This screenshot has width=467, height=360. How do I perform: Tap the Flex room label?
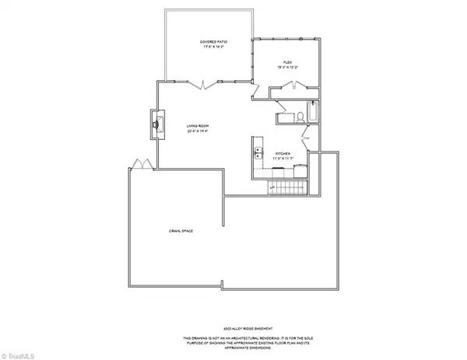tap(286, 61)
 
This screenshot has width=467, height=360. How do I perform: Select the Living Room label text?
tap(197, 125)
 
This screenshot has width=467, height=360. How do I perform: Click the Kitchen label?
tap(283, 154)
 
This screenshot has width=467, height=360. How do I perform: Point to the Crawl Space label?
tap(181, 231)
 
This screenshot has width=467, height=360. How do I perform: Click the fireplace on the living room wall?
tap(156, 122)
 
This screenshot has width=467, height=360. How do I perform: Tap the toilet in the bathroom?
tap(299, 117)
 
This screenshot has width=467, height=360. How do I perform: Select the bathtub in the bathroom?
tap(311, 117)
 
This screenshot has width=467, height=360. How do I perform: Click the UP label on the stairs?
tap(273, 187)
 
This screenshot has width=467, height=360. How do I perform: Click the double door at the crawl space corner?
tap(139, 164)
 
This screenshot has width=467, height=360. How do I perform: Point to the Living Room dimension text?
tap(197, 131)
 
